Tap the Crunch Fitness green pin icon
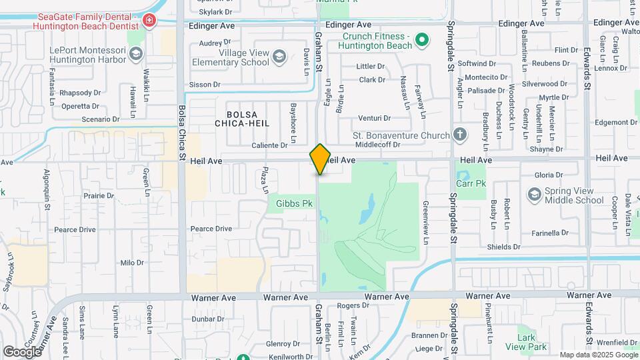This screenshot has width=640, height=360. click(x=421, y=41)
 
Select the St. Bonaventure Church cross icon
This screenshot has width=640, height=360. click(x=459, y=135)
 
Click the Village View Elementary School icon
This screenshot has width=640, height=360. click(x=279, y=57)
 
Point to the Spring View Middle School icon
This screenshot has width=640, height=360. click(x=534, y=195)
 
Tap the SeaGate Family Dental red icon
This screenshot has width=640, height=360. click(x=149, y=21)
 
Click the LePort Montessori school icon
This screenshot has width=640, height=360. click(x=136, y=53)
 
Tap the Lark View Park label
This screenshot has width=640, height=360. click(x=526, y=342)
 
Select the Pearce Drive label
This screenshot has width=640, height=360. click(x=211, y=229)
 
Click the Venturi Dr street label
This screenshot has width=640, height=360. click(x=374, y=118)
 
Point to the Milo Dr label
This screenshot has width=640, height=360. click(x=131, y=263)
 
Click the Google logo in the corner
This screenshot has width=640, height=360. click(x=23, y=351)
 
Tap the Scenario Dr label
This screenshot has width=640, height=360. click(x=100, y=119)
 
